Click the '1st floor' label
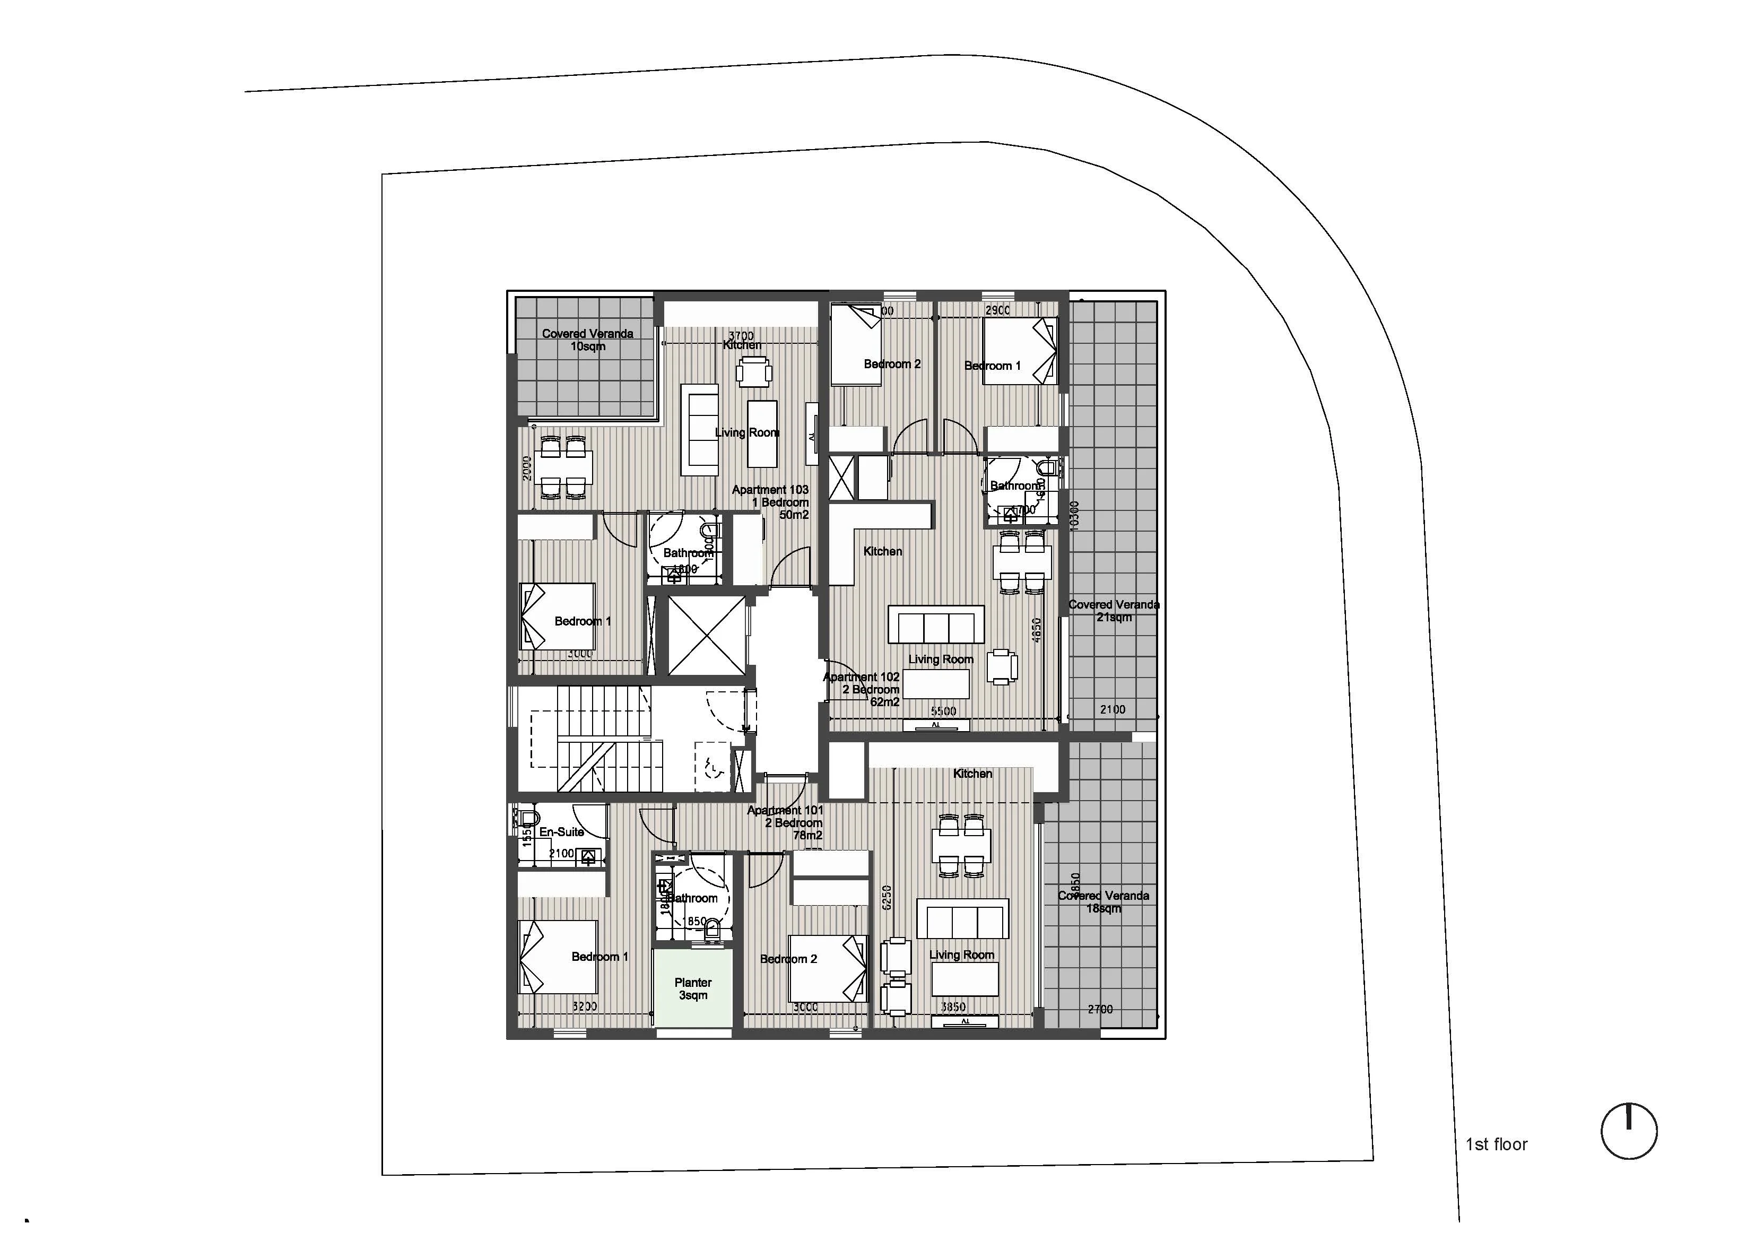tap(1496, 1144)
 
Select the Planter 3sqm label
tap(692, 988)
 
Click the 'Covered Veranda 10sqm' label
tap(587, 340)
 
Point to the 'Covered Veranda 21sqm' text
tap(1114, 610)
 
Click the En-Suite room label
tap(561, 832)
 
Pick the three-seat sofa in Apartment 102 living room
tap(935, 624)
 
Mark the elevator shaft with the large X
tap(706, 636)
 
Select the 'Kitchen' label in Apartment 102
tap(882, 551)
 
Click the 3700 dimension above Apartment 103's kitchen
tap(741, 336)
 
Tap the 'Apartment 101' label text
tap(785, 811)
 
